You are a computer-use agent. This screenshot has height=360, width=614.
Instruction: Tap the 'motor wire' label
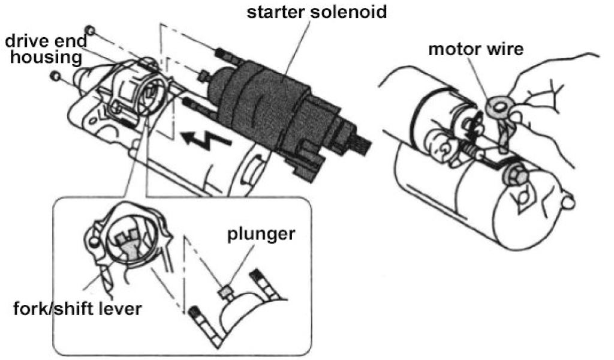(476, 49)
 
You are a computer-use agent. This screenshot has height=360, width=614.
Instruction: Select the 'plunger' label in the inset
(260, 233)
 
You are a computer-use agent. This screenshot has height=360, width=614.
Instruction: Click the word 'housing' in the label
(44, 58)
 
